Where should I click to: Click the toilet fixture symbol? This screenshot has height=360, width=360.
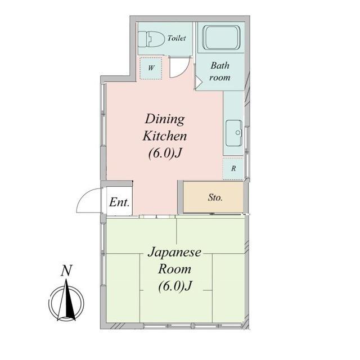tap(151, 39)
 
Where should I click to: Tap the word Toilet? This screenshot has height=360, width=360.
tap(177, 38)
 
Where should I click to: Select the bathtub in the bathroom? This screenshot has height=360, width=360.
tap(222, 38)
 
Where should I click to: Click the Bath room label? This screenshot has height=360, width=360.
tap(220, 71)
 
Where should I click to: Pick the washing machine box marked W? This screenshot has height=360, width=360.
tap(151, 68)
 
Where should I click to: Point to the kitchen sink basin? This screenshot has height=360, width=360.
tap(234, 133)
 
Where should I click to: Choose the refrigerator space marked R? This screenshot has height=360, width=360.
tap(233, 169)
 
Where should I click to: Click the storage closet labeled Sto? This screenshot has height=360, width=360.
tap(214, 197)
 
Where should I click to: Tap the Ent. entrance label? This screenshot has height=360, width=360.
tap(119, 202)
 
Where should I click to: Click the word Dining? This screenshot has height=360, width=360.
tap(165, 119)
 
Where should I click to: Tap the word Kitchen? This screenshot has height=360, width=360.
tap(165, 136)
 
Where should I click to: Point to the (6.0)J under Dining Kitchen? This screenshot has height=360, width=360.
tap(165, 153)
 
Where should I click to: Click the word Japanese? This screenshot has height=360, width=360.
tap(174, 253)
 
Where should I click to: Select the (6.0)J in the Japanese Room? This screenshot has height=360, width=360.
tap(175, 286)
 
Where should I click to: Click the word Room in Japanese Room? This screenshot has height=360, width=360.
tap(174, 269)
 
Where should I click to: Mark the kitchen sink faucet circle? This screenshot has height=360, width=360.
tap(238, 133)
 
